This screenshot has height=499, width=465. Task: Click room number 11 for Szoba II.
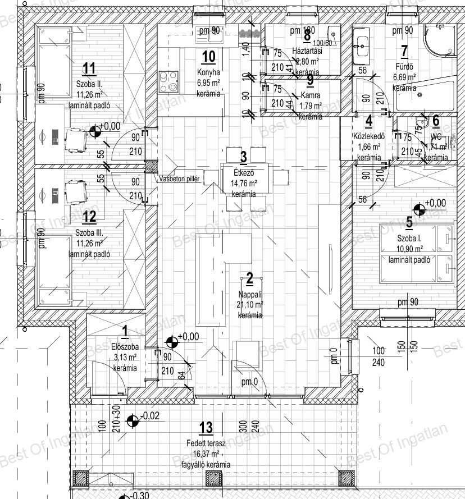(89, 69)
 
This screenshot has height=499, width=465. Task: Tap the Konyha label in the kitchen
(208, 72)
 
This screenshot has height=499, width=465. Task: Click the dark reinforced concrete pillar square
(151, 166)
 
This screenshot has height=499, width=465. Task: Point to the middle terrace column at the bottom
(214, 478)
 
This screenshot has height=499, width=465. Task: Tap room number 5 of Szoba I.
(409, 222)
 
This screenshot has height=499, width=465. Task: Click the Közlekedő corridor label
(368, 135)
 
